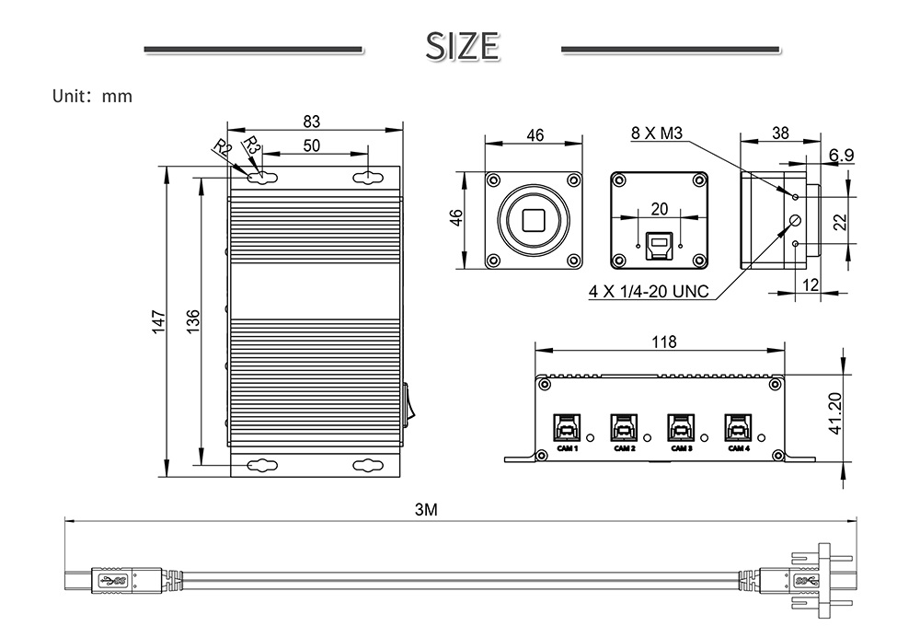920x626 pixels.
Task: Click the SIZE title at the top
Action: [463, 46]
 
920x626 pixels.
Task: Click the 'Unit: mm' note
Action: [92, 96]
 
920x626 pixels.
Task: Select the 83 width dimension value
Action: [312, 121]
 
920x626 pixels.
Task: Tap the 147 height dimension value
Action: [159, 322]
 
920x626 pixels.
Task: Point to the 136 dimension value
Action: [192, 321]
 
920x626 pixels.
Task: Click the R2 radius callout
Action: [222, 147]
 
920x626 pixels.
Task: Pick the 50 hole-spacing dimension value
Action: [312, 145]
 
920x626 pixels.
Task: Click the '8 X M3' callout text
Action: [657, 133]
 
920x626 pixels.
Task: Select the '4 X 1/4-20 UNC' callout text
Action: [649, 291]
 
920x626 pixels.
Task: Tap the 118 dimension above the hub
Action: [663, 342]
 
